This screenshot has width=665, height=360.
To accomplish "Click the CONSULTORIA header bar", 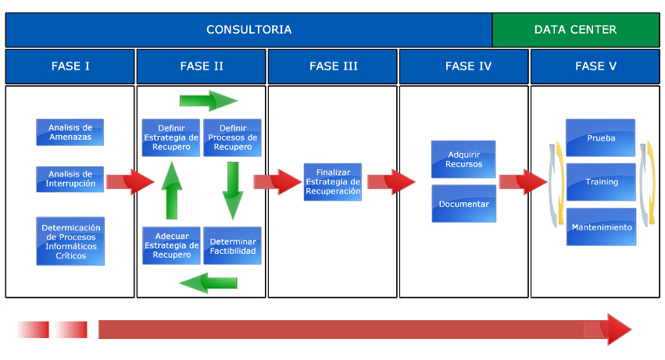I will click(x=248, y=30).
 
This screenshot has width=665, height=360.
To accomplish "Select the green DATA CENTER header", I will click(x=575, y=30).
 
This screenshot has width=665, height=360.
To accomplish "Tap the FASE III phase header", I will click(x=333, y=66).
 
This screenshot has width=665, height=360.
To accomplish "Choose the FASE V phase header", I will click(x=595, y=66).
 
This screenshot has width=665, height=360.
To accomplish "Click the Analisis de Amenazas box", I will click(x=70, y=132).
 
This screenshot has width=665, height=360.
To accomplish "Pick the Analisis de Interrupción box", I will click(x=70, y=179).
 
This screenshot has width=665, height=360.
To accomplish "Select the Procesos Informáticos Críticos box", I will click(x=70, y=241).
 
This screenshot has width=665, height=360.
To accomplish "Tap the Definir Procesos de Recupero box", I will click(x=232, y=137).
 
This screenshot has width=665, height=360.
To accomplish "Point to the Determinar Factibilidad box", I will click(x=232, y=245).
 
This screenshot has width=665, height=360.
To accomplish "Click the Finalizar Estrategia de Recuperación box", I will click(x=333, y=182).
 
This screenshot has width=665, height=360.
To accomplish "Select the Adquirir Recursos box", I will click(x=463, y=159).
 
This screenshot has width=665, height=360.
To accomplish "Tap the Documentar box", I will click(x=463, y=204).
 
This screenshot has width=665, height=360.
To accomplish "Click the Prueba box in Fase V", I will click(x=600, y=138).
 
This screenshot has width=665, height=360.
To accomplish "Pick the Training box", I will click(x=600, y=182).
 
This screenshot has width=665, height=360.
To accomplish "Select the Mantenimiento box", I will click(x=600, y=227).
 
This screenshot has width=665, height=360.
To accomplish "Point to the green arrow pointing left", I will click(x=208, y=282).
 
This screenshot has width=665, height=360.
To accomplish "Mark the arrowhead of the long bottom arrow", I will click(x=618, y=330).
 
